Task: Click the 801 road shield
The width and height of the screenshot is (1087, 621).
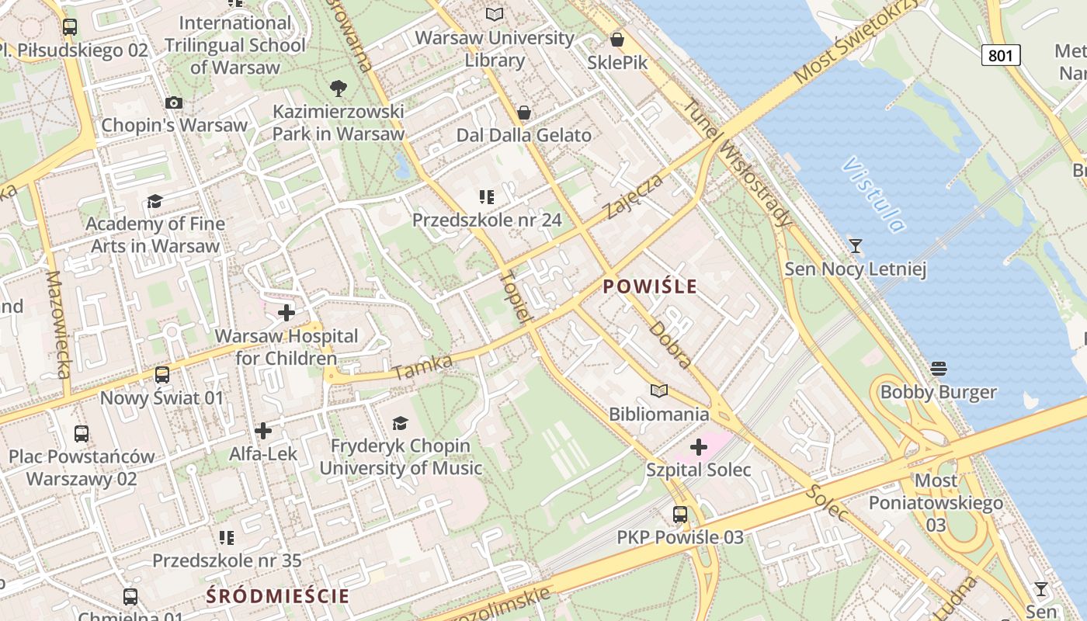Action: tap(1001, 55)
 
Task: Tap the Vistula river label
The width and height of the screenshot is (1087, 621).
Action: tap(874, 195)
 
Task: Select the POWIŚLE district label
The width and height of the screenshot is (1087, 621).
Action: tap(650, 286)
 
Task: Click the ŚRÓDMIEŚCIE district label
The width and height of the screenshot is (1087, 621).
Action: tap(277, 596)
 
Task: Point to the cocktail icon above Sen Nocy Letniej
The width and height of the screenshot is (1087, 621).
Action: tap(856, 246)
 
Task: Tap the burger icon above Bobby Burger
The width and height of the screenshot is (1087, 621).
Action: tap(938, 368)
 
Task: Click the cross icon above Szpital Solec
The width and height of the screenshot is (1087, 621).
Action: tap(699, 447)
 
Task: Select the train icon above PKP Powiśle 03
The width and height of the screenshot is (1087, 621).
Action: tap(680, 514)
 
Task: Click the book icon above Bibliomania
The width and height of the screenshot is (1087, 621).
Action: tap(659, 390)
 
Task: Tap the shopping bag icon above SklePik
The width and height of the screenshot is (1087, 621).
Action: tap(617, 39)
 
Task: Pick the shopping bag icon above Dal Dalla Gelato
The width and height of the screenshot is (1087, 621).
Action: tap(524, 113)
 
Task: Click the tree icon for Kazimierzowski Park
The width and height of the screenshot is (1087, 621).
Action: tap(339, 88)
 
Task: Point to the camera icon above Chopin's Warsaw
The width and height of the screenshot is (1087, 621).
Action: tap(174, 102)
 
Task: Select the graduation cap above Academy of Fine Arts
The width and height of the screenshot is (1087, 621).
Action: tap(155, 202)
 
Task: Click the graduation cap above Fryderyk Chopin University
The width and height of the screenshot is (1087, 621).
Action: tap(400, 423)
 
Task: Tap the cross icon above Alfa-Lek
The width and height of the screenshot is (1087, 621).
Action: tap(263, 430)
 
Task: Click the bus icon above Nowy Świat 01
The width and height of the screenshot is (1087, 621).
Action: tap(161, 375)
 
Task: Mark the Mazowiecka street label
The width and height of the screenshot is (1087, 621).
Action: tap(58, 324)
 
